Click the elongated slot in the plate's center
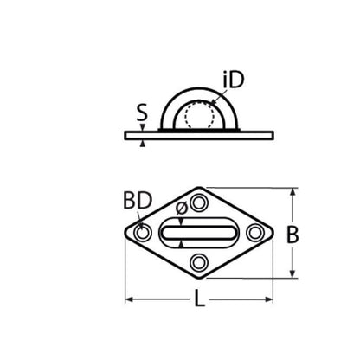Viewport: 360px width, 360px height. point(200,233)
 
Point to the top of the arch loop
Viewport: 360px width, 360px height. point(200,87)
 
